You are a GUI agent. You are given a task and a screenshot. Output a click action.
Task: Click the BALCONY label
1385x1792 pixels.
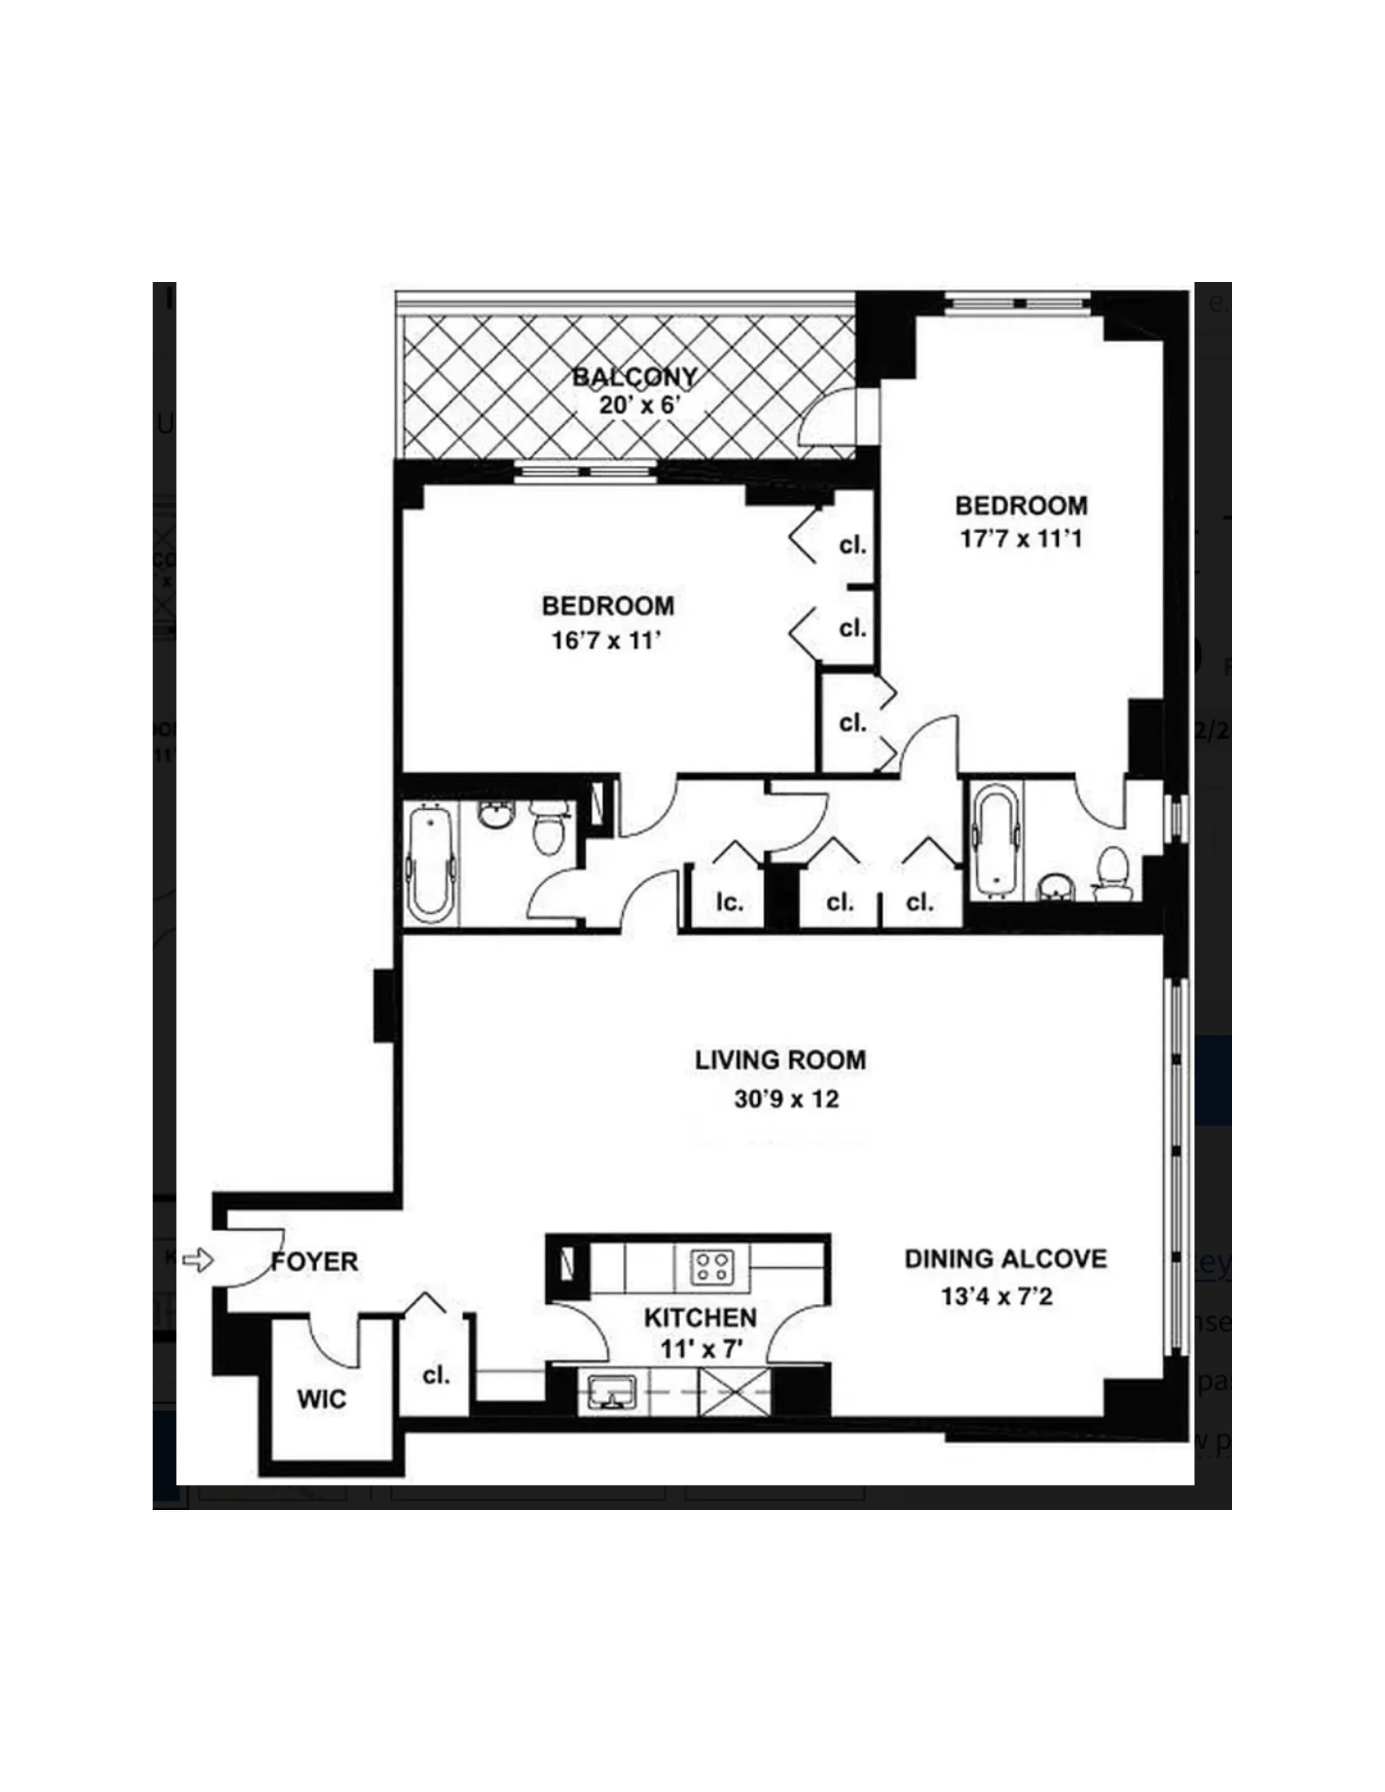pos(634,377)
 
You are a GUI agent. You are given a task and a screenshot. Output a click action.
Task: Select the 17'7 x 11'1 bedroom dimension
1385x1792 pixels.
pos(1020,539)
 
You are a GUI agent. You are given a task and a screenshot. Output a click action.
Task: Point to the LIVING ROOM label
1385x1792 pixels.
pos(780,1060)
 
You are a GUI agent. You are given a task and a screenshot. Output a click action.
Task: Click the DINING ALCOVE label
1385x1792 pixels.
pos(1005,1259)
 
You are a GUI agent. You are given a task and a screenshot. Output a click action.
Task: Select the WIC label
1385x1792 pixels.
pos(321,1399)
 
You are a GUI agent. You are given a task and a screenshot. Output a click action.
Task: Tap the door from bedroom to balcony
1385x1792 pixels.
pos(830,419)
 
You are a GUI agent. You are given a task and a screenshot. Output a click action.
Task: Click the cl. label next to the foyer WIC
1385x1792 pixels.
pos(436,1375)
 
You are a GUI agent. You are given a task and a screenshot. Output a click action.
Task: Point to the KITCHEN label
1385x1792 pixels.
pos(700,1318)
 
